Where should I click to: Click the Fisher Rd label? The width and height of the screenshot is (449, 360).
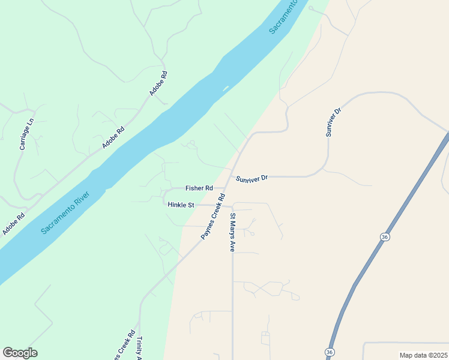click(x=199, y=188)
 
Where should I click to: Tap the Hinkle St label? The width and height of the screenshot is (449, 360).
click(x=181, y=205)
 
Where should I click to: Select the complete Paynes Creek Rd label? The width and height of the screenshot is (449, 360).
click(x=212, y=217)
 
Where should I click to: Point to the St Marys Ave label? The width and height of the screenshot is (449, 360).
click(x=233, y=232)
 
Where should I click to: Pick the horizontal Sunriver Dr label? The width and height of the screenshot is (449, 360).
click(x=252, y=178)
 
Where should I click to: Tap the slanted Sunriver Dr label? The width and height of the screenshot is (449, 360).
click(x=333, y=122)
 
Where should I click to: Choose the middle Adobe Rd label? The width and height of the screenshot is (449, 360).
click(x=113, y=137)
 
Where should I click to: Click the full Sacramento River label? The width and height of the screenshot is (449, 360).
click(x=66, y=212)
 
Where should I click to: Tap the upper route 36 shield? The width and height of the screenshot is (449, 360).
click(x=384, y=238)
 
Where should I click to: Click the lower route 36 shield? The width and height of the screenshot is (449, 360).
click(x=330, y=351)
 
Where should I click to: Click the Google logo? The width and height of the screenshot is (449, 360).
click(x=20, y=353)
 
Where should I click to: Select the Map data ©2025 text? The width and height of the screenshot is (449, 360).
click(x=423, y=355)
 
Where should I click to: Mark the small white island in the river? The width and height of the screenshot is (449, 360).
click(x=226, y=88)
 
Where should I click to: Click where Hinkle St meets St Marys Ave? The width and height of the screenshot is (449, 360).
click(x=232, y=206)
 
